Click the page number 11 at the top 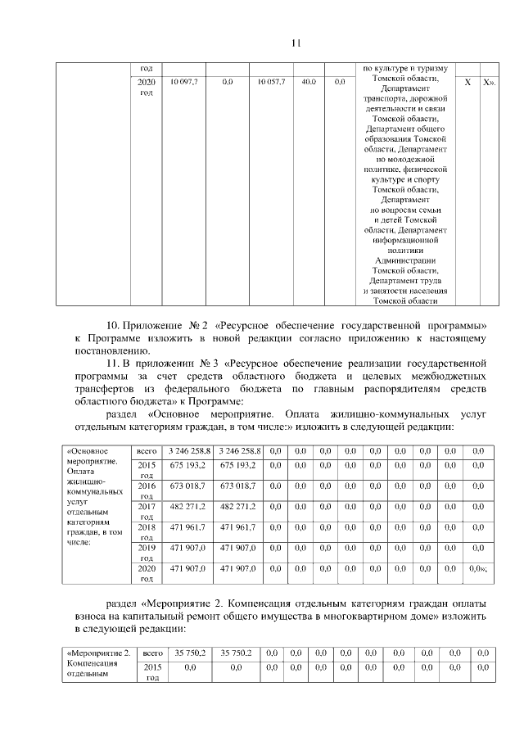coord(297,43)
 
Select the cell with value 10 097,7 coord(183,83)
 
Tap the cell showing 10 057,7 coord(270,83)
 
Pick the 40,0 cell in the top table coord(309,83)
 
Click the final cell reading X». coord(489,83)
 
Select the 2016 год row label coord(147,490)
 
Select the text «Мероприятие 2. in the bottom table coord(98,653)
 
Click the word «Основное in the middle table coord(88,450)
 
